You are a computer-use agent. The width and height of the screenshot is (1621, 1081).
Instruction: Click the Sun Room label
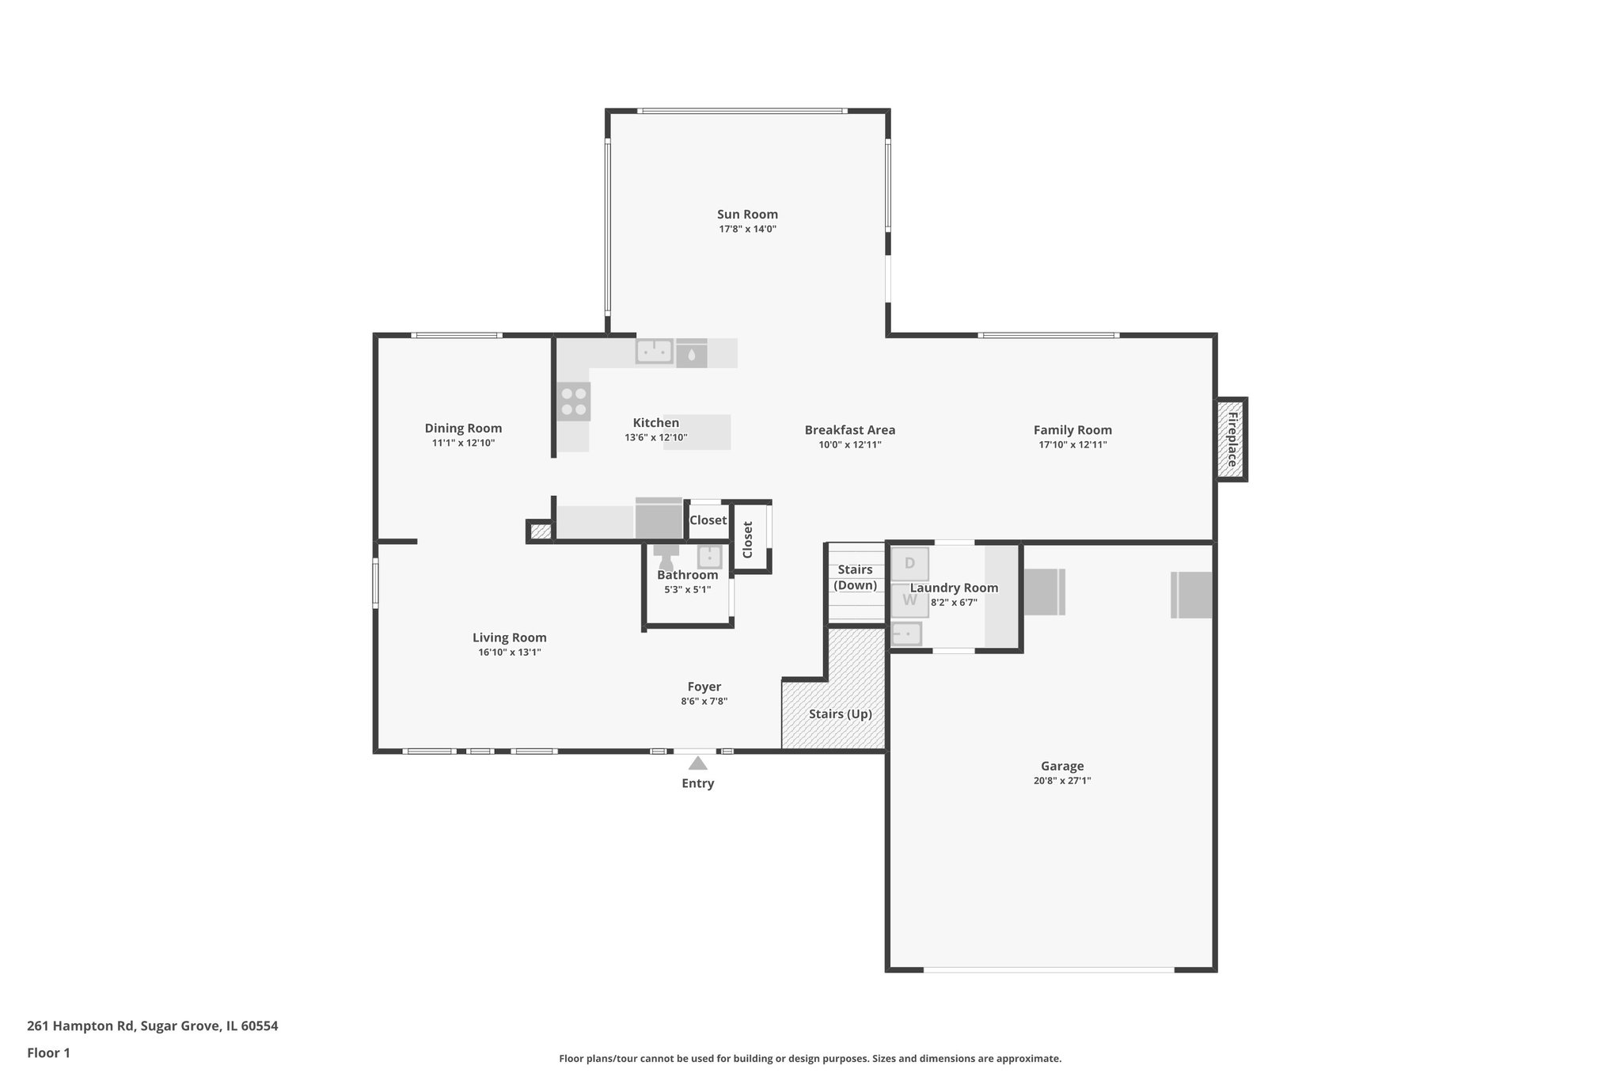coord(747,215)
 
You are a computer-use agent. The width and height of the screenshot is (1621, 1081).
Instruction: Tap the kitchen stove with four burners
coord(574,402)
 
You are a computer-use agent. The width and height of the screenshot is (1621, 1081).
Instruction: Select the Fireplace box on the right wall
coord(1232,440)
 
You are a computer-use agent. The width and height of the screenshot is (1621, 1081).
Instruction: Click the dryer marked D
coord(909,564)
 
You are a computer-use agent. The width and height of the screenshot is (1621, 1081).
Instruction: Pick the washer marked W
coord(909,600)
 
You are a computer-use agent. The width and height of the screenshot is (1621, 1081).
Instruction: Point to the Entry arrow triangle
coord(697,763)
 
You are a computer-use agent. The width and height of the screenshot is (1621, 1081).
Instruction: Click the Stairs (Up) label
coord(840,714)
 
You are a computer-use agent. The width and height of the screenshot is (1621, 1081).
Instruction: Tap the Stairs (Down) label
coord(855,577)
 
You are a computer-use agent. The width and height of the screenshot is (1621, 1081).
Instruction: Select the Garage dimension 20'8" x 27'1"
coord(1061,780)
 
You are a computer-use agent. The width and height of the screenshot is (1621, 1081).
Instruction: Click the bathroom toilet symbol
coord(666,555)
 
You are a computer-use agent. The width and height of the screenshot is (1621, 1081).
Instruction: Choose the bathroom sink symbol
coord(709,556)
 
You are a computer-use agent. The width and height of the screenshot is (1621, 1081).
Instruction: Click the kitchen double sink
coord(655,351)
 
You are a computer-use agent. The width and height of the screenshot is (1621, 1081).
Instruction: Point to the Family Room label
coord(1072,430)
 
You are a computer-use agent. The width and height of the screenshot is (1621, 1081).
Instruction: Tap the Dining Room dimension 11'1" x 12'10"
coord(463,443)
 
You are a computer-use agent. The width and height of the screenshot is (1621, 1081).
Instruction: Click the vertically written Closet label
coord(747,539)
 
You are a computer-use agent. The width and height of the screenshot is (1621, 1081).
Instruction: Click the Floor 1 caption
coord(48,1053)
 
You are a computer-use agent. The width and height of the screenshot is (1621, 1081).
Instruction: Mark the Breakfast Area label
coord(849,430)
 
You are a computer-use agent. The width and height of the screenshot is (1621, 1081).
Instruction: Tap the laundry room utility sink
coord(907,634)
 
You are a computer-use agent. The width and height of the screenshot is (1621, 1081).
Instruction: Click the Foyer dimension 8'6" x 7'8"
coord(704,701)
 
